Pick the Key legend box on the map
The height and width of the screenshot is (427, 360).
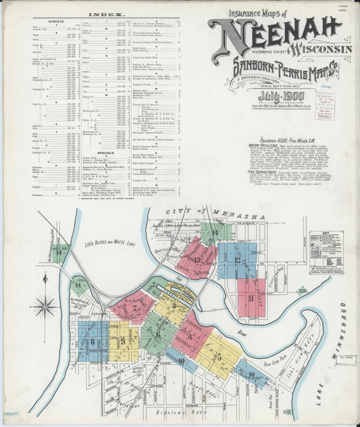(x=326, y=252)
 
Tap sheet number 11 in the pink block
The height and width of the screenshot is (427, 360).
(x=251, y=297)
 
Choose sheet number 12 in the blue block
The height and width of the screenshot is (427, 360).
(x=237, y=259)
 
